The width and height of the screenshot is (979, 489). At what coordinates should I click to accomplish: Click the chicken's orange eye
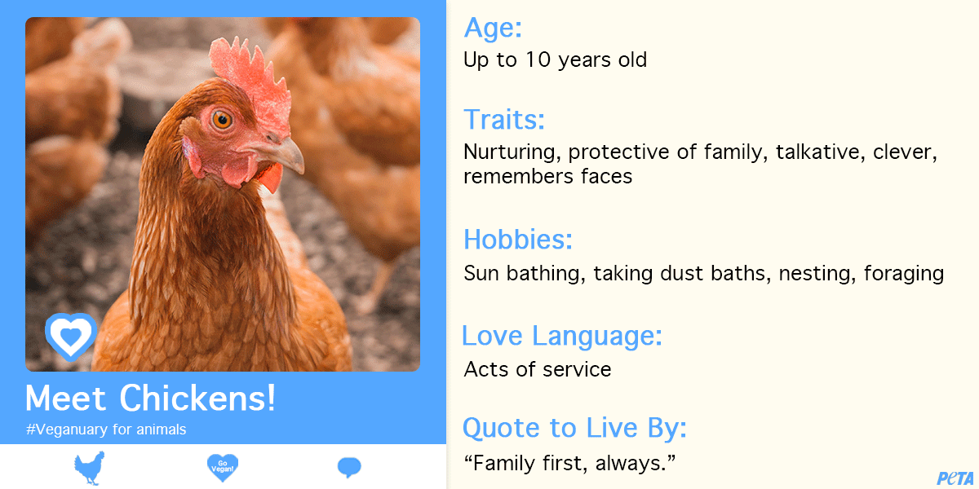click(222, 119)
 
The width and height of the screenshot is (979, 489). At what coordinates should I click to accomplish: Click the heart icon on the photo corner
click(70, 334)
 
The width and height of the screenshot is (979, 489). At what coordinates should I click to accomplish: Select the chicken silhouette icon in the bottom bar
click(89, 468)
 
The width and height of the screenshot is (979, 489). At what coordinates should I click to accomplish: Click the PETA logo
click(955, 478)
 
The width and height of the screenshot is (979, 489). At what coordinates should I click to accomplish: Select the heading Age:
click(493, 28)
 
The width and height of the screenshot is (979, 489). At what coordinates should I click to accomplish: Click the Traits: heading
click(504, 120)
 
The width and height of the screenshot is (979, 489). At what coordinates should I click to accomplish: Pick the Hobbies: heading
click(518, 240)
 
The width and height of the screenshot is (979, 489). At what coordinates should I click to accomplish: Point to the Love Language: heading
click(562, 335)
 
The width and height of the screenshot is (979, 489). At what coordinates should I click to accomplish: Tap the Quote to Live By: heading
click(574, 427)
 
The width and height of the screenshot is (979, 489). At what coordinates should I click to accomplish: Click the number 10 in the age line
click(534, 60)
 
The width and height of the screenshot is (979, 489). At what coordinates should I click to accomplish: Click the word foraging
click(904, 273)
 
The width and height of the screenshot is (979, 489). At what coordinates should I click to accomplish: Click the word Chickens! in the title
click(197, 398)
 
